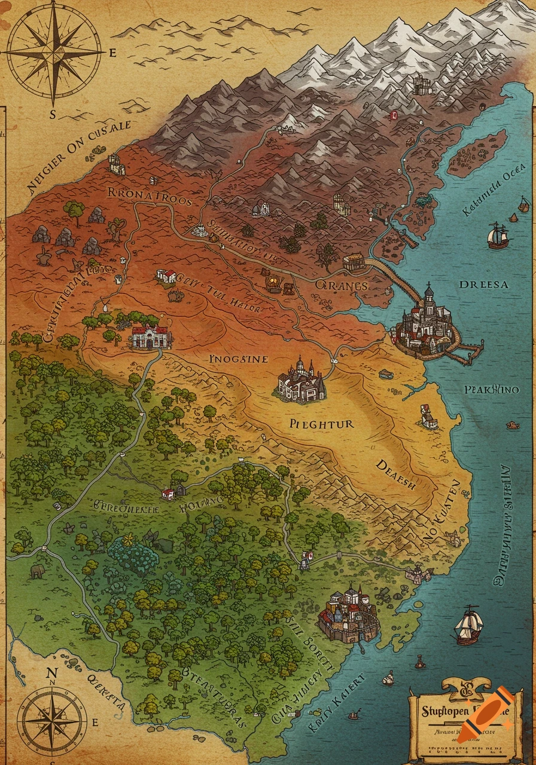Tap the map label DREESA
click(483, 284)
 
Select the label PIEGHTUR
click(321, 424)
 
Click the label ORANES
click(342, 286)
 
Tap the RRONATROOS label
click(150, 196)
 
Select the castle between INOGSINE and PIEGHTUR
click(301, 380)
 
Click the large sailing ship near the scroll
click(468, 625)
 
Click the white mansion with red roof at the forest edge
click(151, 337)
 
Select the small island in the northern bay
click(477, 152)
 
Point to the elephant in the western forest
click(37, 571)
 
